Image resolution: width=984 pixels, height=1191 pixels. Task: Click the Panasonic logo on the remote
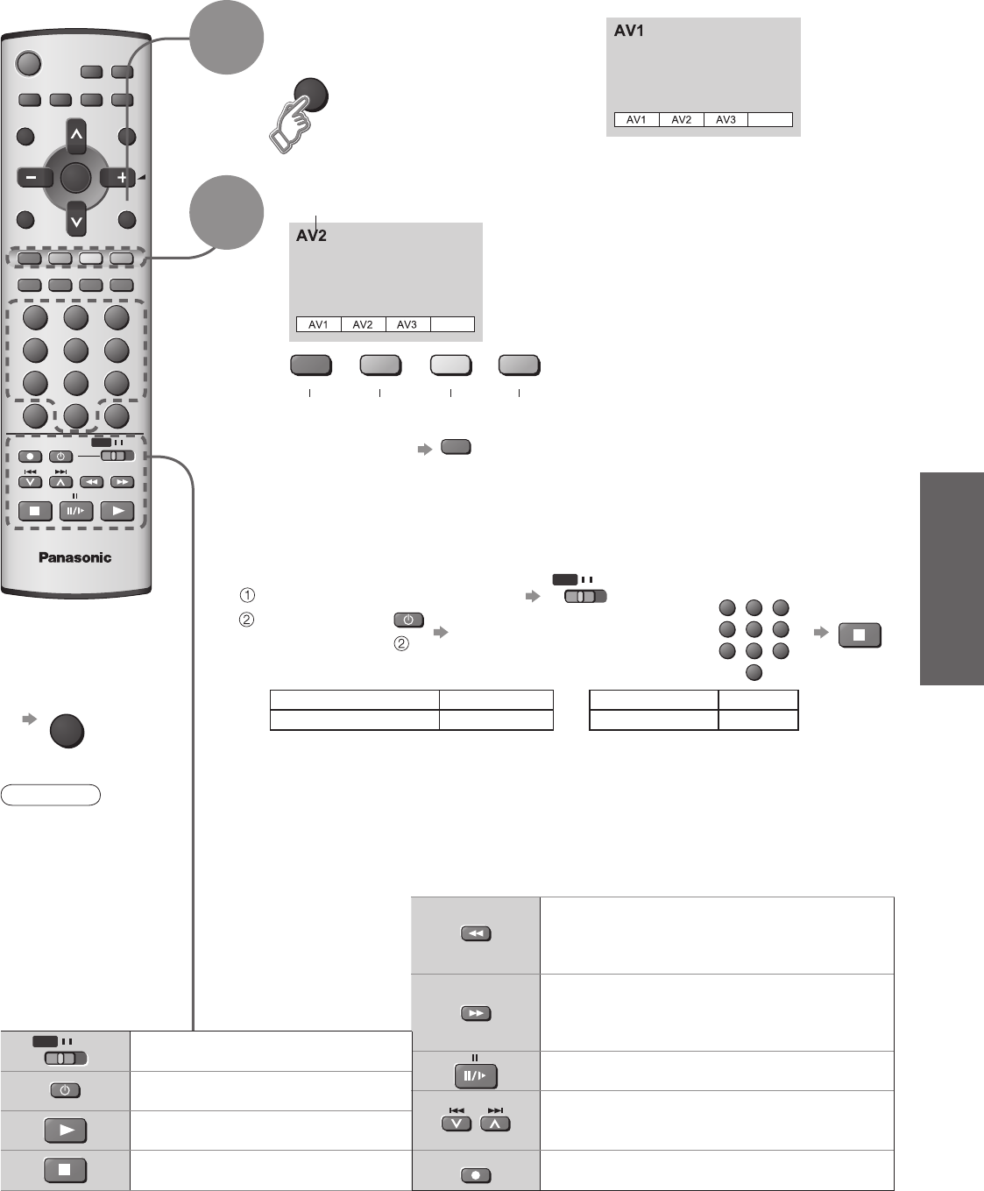74,557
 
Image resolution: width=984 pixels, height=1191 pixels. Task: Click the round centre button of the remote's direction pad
76,178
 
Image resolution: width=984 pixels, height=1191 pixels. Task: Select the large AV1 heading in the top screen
630,31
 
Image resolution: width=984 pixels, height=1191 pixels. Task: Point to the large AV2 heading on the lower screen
311,236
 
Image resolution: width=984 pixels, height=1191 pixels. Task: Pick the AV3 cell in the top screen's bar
726,119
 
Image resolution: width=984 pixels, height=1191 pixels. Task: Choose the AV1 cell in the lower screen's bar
318,324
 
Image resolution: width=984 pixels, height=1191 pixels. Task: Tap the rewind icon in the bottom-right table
476,934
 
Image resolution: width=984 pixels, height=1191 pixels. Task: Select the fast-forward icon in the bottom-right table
476,1013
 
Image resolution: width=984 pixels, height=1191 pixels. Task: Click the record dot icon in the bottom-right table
476,1175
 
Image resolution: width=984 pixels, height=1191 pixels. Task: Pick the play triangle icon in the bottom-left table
66,1130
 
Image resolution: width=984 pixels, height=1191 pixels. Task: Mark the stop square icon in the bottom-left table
66,1170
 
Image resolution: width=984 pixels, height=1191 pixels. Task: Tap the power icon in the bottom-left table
66,1090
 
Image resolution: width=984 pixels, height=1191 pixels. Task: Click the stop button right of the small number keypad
860,635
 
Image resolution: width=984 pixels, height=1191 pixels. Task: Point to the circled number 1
248,596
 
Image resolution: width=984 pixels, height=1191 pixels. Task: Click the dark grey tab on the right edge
952,578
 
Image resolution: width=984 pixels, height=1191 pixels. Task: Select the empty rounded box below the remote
51,796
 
